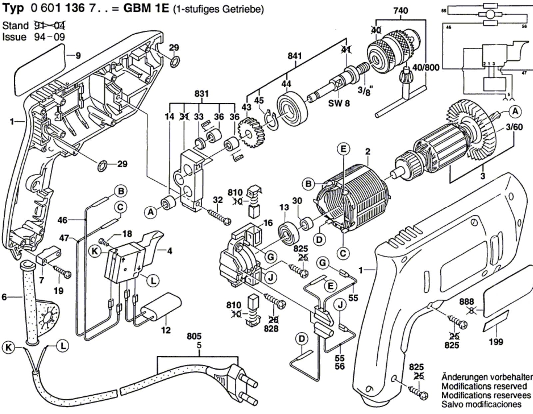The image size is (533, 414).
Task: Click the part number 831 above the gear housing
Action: click(x=202, y=94)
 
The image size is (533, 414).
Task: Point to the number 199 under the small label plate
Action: click(x=496, y=342)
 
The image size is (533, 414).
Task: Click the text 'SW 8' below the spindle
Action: click(x=339, y=104)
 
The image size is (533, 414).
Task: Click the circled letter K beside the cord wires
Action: click(x=9, y=347)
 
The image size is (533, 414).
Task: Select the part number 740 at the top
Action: click(x=400, y=11)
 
